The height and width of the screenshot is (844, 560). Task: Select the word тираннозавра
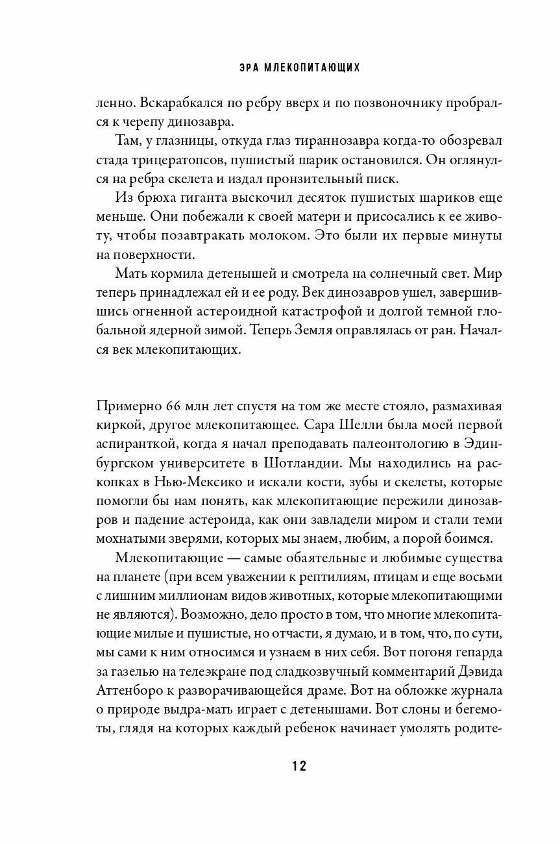(337, 140)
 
